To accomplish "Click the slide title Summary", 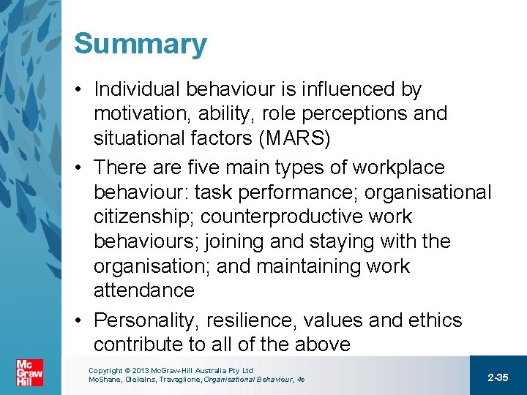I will [x=140, y=44].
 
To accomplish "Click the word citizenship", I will [x=143, y=217].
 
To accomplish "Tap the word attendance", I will [x=143, y=290].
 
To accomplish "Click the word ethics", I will [x=432, y=320].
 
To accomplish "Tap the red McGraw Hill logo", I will [x=29, y=373].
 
